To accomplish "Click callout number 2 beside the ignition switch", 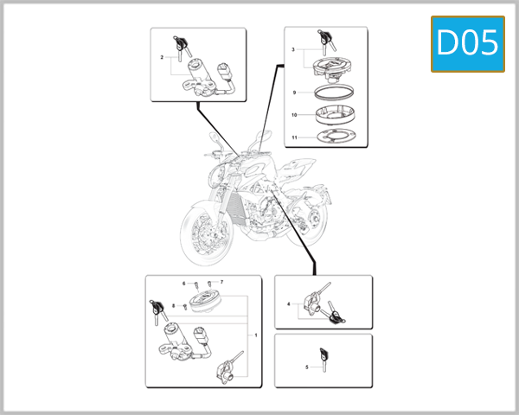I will tap(162, 58).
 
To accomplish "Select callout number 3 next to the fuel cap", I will tap(294, 51).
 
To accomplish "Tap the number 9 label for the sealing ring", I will tap(294, 92).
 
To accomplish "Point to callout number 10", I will tap(294, 114).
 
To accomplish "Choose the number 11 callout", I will tap(294, 137).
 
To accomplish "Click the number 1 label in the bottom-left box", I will tap(255, 334).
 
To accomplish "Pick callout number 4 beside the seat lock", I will tap(288, 304).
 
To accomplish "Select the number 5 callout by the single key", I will tap(307, 367).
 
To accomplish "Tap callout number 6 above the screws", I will tap(183, 284).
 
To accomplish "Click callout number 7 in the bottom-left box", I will tap(221, 283).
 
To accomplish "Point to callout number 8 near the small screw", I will tap(174, 306).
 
